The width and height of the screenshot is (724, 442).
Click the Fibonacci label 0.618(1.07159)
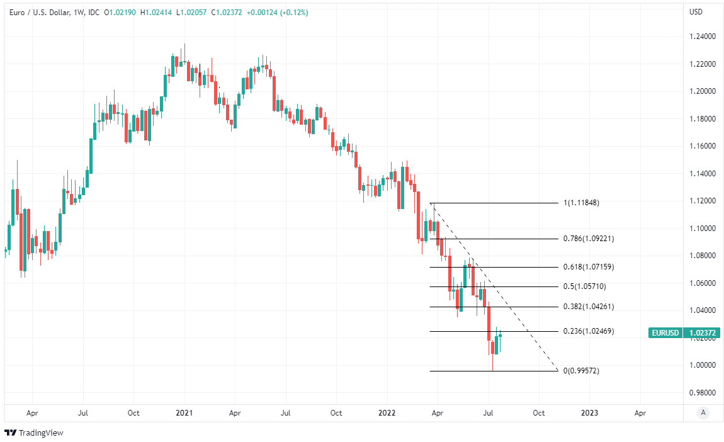(x=588, y=267)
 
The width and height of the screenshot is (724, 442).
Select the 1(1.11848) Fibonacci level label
(x=581, y=203)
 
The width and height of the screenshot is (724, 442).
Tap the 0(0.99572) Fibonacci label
(x=581, y=371)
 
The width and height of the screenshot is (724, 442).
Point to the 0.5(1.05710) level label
(x=584, y=286)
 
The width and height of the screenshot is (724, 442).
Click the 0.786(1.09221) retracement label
(x=588, y=239)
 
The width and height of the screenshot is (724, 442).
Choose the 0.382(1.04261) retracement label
(x=588, y=307)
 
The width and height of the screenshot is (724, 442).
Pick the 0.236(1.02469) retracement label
(x=588, y=331)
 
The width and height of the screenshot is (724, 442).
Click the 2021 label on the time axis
(x=184, y=413)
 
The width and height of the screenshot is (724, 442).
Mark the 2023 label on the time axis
(x=589, y=413)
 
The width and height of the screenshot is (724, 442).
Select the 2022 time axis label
(x=387, y=413)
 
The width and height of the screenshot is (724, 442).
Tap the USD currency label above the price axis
(x=696, y=12)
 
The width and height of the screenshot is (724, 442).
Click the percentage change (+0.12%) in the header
(x=294, y=12)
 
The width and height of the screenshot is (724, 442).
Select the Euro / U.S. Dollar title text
(x=37, y=12)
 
